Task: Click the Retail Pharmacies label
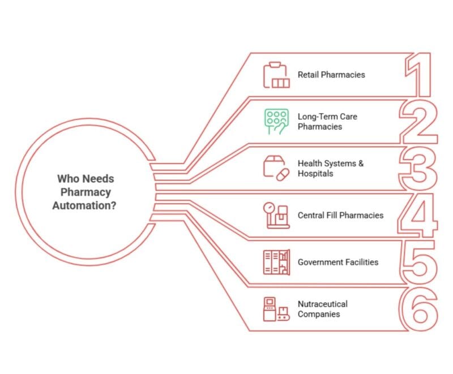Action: (x=331, y=75)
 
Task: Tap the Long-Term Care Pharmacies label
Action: (x=327, y=122)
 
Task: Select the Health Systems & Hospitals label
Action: (x=331, y=168)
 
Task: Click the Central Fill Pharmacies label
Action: (x=341, y=215)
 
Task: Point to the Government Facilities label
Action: (x=338, y=262)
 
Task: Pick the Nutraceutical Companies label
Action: (x=323, y=309)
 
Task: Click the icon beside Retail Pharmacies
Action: (x=276, y=75)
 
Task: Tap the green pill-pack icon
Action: (x=276, y=122)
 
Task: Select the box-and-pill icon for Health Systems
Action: (x=276, y=169)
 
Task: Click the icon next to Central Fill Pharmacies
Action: (x=276, y=215)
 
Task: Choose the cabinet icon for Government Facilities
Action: (x=276, y=262)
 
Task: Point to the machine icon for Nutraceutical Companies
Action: (x=276, y=309)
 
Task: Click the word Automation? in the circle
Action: (x=84, y=205)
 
